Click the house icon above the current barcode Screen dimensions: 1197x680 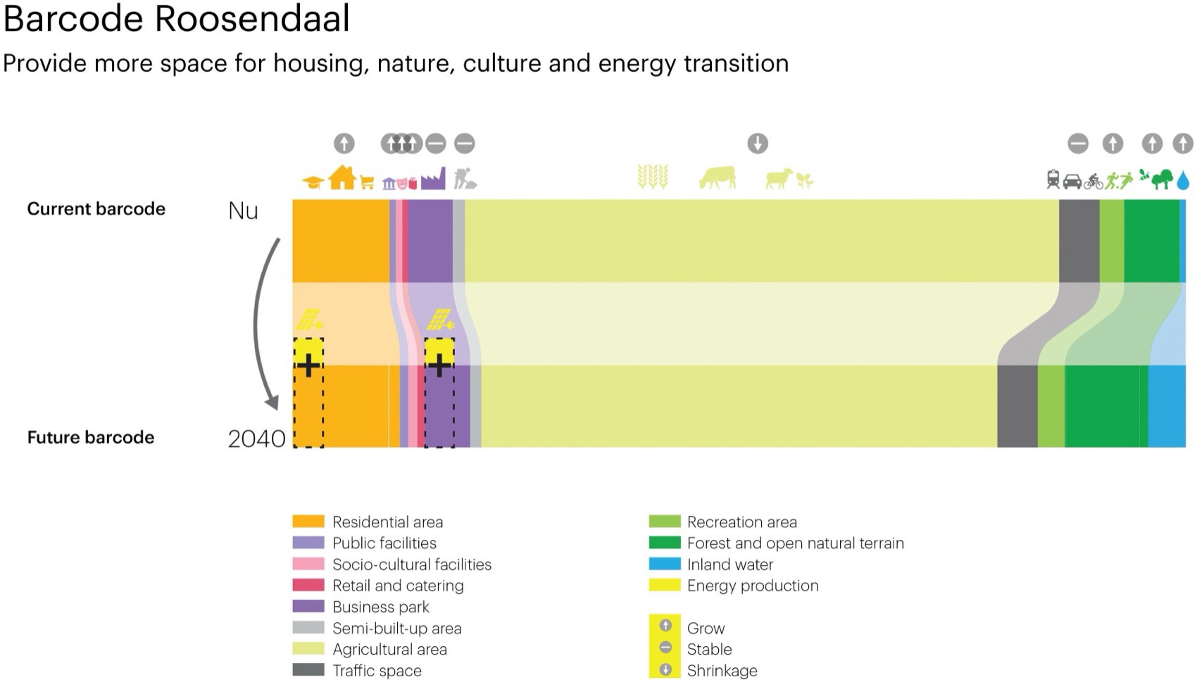[342, 177]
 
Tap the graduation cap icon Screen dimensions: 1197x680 [313, 182]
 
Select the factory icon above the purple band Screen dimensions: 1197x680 [433, 179]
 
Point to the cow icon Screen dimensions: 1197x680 [717, 177]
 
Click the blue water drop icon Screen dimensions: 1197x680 [1183, 180]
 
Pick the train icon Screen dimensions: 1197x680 [1053, 180]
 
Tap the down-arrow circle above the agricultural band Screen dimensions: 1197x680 [757, 144]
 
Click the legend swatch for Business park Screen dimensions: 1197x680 [308, 606]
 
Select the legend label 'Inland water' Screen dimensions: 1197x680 [730, 565]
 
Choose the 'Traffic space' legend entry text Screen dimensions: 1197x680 [377, 670]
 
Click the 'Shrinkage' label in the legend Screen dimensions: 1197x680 [722, 670]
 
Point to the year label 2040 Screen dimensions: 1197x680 [256, 439]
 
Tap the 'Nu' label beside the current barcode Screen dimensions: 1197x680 [243, 210]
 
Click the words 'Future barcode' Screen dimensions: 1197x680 [91, 437]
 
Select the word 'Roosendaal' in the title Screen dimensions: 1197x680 [252, 18]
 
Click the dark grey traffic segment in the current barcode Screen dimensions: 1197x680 [1079, 241]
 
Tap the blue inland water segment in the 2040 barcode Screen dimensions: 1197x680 [1167, 406]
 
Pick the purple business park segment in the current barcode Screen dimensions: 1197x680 [430, 241]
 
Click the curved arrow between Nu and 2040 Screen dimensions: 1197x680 [257, 323]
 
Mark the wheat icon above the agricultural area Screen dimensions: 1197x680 [653, 177]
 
